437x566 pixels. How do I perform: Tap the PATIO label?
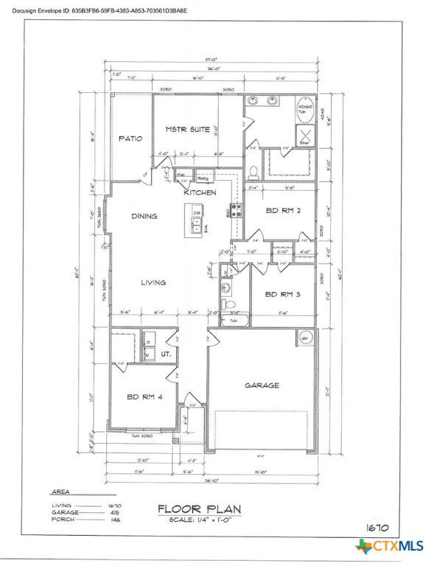pos(130,138)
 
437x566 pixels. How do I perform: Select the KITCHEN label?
pos(200,192)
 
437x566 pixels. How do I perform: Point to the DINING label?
pos(144,217)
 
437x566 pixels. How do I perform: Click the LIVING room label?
pos(153,282)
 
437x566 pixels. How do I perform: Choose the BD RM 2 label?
pos(280,211)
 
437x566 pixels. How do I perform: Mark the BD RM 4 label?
pos(144,397)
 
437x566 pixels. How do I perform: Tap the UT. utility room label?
pos(167,354)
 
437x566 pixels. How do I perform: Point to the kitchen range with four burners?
pos(237,210)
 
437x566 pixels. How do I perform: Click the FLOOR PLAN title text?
pos(198,509)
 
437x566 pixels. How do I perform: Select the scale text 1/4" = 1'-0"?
pos(198,521)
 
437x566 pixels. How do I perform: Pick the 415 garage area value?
pos(113,512)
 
